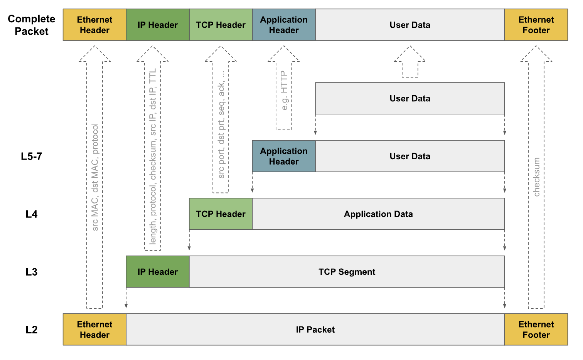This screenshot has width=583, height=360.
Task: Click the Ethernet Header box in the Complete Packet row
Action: pyautogui.click(x=94, y=25)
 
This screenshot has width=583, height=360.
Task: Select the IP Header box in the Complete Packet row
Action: pyautogui.click(x=158, y=25)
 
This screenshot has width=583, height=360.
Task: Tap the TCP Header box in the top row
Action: pyautogui.click(x=221, y=25)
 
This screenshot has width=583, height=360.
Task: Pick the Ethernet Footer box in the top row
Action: pyautogui.click(x=536, y=25)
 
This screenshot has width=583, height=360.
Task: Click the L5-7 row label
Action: pyautogui.click(x=32, y=156)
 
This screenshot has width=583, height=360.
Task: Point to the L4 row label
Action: pyautogui.click(x=32, y=214)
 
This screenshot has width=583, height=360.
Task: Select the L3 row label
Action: pyautogui.click(x=32, y=272)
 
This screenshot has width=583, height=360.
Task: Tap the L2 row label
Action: pyautogui.click(x=32, y=330)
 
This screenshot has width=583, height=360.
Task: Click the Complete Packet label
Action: pyautogui.click(x=32, y=25)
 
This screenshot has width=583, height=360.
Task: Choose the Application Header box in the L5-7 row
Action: pyautogui.click(x=284, y=156)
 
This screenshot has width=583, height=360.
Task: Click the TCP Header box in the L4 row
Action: pyautogui.click(x=221, y=214)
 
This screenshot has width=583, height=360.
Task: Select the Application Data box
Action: pyautogui.click(x=378, y=214)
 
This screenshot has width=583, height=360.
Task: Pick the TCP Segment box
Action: pyautogui.click(x=347, y=272)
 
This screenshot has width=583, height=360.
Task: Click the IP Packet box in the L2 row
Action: pyautogui.click(x=315, y=330)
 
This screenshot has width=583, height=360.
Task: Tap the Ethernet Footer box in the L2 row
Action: pyautogui.click(x=536, y=330)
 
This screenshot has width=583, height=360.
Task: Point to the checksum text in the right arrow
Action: pyautogui.click(x=536, y=177)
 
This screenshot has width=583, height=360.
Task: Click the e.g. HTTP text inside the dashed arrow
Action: pyautogui.click(x=284, y=91)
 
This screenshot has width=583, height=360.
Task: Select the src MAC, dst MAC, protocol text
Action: pyautogui.click(x=95, y=177)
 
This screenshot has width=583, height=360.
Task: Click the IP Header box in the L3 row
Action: pyautogui.click(x=158, y=272)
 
